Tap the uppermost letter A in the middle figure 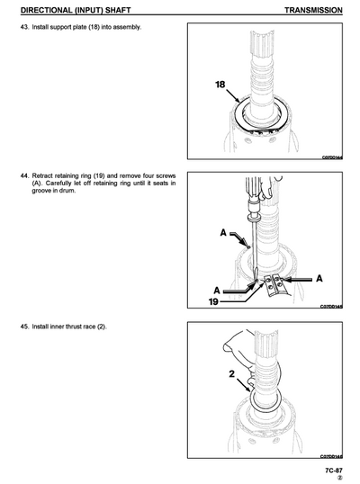point(222,233)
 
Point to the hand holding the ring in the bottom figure point(241,343)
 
